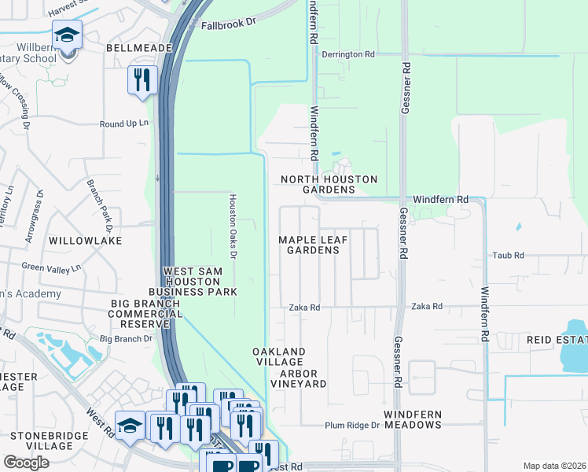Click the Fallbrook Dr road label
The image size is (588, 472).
click(229, 24)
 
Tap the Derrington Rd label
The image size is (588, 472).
click(349, 54)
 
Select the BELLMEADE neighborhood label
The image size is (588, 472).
click(138, 48)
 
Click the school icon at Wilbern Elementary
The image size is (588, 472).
click(68, 35)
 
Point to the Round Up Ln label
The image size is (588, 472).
click(123, 124)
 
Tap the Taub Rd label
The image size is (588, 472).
click(509, 256)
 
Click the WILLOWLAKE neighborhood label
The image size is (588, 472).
click(85, 240)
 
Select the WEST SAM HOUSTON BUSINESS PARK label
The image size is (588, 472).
click(200, 282)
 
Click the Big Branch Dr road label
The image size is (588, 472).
click(126, 339)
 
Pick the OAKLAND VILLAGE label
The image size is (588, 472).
click(278, 356)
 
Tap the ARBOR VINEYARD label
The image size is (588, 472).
click(298, 378)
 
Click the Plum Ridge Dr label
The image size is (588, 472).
click(352, 426)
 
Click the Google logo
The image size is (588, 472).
click(26, 463)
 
